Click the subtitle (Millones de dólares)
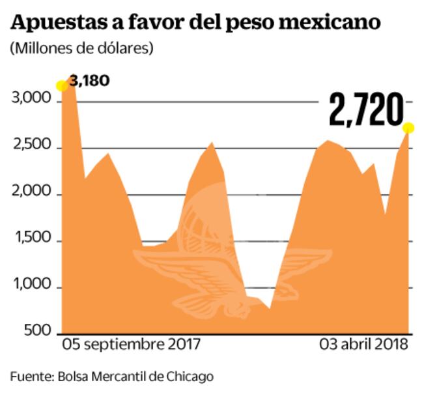tap(81, 48)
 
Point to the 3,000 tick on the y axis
tap(31, 99)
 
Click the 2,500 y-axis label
tap(31, 147)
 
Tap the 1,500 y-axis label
tap(32, 240)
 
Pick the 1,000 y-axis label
tap(32, 287)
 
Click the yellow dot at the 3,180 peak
tap(62, 85)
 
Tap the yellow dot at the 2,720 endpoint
tap(408, 127)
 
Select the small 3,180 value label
tap(89, 81)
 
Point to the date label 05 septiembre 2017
tap(131, 343)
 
